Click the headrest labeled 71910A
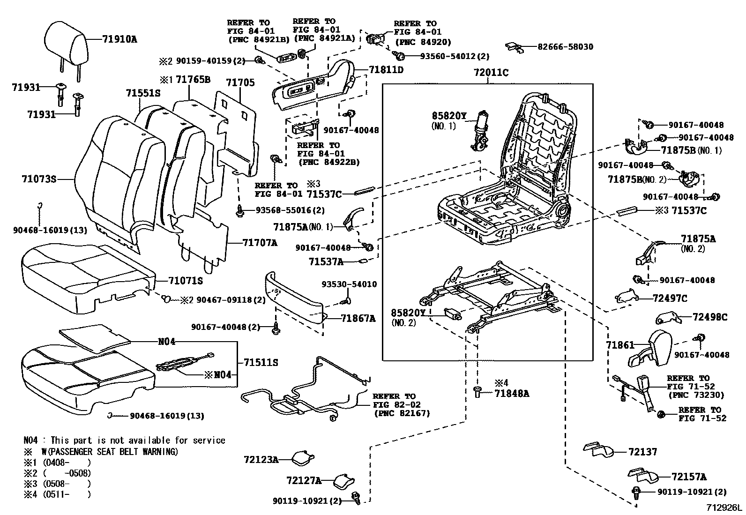(x=66, y=47)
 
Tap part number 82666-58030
(x=565, y=47)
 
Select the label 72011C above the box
(x=491, y=72)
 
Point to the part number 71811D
(x=386, y=70)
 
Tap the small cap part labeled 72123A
(x=303, y=459)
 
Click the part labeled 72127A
(x=344, y=481)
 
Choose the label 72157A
(x=689, y=477)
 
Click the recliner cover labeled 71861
(x=650, y=348)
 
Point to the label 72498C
(x=710, y=317)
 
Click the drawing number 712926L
(x=724, y=508)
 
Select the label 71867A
(x=358, y=319)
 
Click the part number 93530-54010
(x=349, y=284)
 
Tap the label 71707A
(x=260, y=243)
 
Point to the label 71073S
(x=39, y=179)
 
